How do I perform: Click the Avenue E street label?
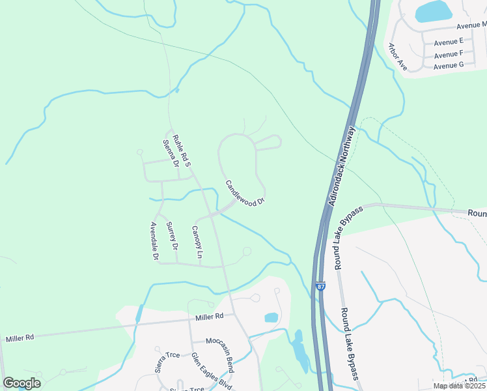pos(449,40)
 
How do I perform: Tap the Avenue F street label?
pos(449,53)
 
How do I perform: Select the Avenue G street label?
pos(449,65)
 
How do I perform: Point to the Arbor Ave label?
pos(398,57)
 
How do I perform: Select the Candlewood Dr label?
pos(245,193)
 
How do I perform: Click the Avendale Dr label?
pos(154,242)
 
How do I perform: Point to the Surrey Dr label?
pos(172,236)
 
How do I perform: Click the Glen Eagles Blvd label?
pos(212,368)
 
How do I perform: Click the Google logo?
pos(21,383)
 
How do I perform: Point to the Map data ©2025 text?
pos(459,386)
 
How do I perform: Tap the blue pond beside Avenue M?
pos(434,11)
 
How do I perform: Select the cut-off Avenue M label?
pos(471,25)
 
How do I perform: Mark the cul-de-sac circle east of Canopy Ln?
pos(247,251)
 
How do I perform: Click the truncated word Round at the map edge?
pos(477,213)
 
